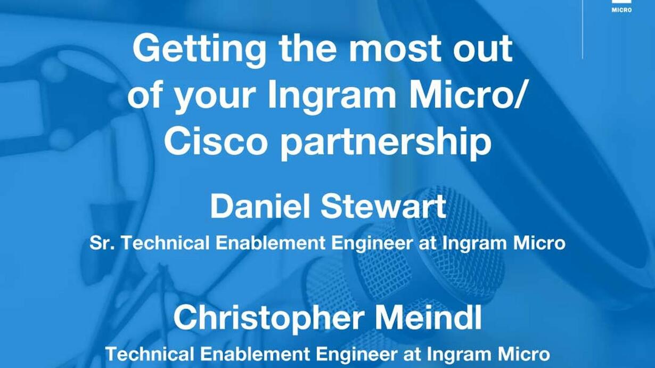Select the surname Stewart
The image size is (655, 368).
(x=383, y=207)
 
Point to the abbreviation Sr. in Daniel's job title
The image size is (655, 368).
(x=102, y=243)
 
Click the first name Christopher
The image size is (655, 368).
(x=267, y=319)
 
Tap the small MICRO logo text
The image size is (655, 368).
(x=621, y=10)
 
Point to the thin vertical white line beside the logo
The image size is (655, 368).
(x=583, y=29)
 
